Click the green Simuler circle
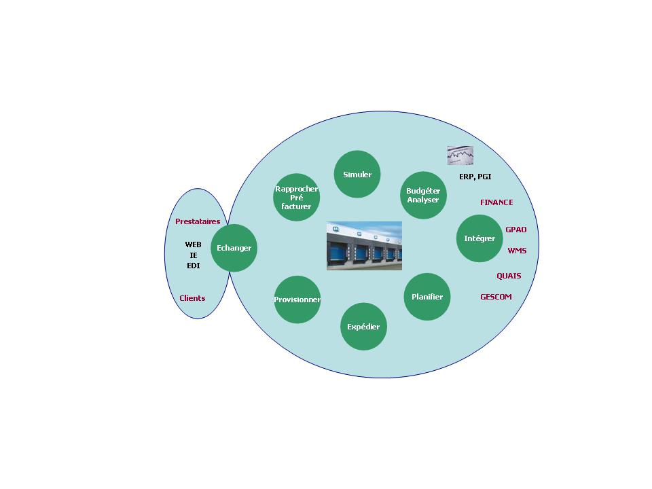tap(357, 175)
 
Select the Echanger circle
tap(234, 248)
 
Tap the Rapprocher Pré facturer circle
tap(297, 198)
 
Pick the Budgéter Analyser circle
tap(423, 196)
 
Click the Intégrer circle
tap(479, 238)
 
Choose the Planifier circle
tap(427, 297)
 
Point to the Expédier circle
tap(363, 327)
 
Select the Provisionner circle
tap(297, 300)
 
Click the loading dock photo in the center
tap(364, 246)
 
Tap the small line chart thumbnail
tap(460, 156)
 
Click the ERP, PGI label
tap(475, 177)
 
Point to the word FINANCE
tap(496, 202)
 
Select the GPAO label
tap(516, 230)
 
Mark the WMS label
tap(517, 251)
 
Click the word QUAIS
tap(509, 276)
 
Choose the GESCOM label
tap(496, 297)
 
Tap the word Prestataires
tap(198, 221)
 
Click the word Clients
tap(192, 298)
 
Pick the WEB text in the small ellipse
tap(194, 244)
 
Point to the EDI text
tap(194, 266)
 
